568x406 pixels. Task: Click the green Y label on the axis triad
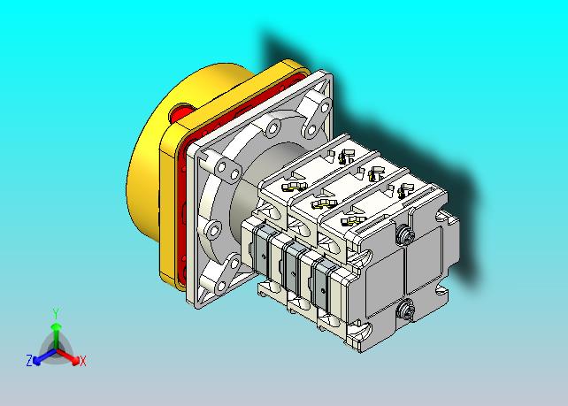pyautogui.click(x=56, y=314)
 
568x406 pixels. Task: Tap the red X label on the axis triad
pyautogui.click(x=83, y=361)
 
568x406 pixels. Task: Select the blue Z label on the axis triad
pyautogui.click(x=29, y=361)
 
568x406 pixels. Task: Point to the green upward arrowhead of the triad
pyautogui.click(x=56, y=327)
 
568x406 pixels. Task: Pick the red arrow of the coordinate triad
pyautogui.click(x=67, y=356)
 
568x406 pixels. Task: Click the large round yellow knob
pyautogui.click(x=152, y=152)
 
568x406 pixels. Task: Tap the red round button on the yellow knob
pyautogui.click(x=180, y=113)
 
